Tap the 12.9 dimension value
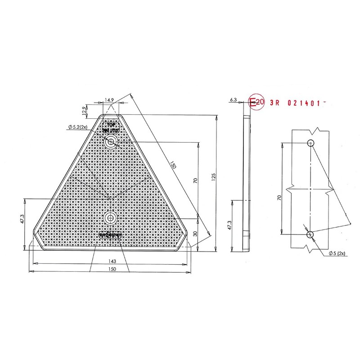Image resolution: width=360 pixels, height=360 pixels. [x=84, y=109]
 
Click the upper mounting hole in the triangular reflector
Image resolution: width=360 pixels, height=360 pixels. [x=110, y=143]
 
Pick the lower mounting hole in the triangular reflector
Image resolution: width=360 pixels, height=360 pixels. [x=110, y=219]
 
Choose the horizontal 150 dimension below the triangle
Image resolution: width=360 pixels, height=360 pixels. [x=112, y=269]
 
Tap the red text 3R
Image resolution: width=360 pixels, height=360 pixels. [x=274, y=103]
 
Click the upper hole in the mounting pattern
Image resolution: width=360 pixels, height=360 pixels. [x=310, y=144]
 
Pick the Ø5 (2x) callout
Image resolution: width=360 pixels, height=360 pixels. [x=337, y=254]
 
